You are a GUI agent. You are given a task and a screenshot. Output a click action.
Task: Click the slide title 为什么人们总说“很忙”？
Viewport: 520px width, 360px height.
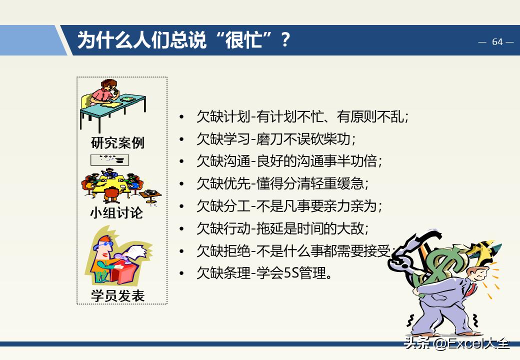click(183, 40)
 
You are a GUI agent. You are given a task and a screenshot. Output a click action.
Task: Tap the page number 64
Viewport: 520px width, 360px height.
click(497, 42)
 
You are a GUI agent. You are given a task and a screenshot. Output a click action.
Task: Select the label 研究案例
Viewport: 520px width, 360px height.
click(117, 143)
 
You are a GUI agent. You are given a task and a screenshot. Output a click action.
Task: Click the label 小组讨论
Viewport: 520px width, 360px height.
click(116, 213)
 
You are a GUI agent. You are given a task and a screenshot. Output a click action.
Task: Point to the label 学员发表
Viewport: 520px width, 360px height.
click(117, 295)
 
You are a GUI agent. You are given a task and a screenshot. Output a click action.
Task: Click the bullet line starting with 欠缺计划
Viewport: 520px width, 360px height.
click(303, 117)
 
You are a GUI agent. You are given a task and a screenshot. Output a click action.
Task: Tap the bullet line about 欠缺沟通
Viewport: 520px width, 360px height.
click(289, 161)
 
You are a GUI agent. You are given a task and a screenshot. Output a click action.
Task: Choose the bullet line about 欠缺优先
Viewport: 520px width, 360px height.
click(282, 183)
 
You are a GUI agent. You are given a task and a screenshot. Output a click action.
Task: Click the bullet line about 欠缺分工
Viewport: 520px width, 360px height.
click(289, 205)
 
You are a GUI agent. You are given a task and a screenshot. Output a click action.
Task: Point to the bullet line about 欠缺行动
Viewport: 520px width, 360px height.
click(282, 228)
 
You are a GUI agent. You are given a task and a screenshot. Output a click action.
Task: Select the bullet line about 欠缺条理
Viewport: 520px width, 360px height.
click(264, 273)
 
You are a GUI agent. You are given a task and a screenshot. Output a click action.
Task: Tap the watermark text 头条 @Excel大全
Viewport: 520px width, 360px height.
click(457, 343)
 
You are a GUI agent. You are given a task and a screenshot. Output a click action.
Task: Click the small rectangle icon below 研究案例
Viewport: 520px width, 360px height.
click(109, 160)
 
